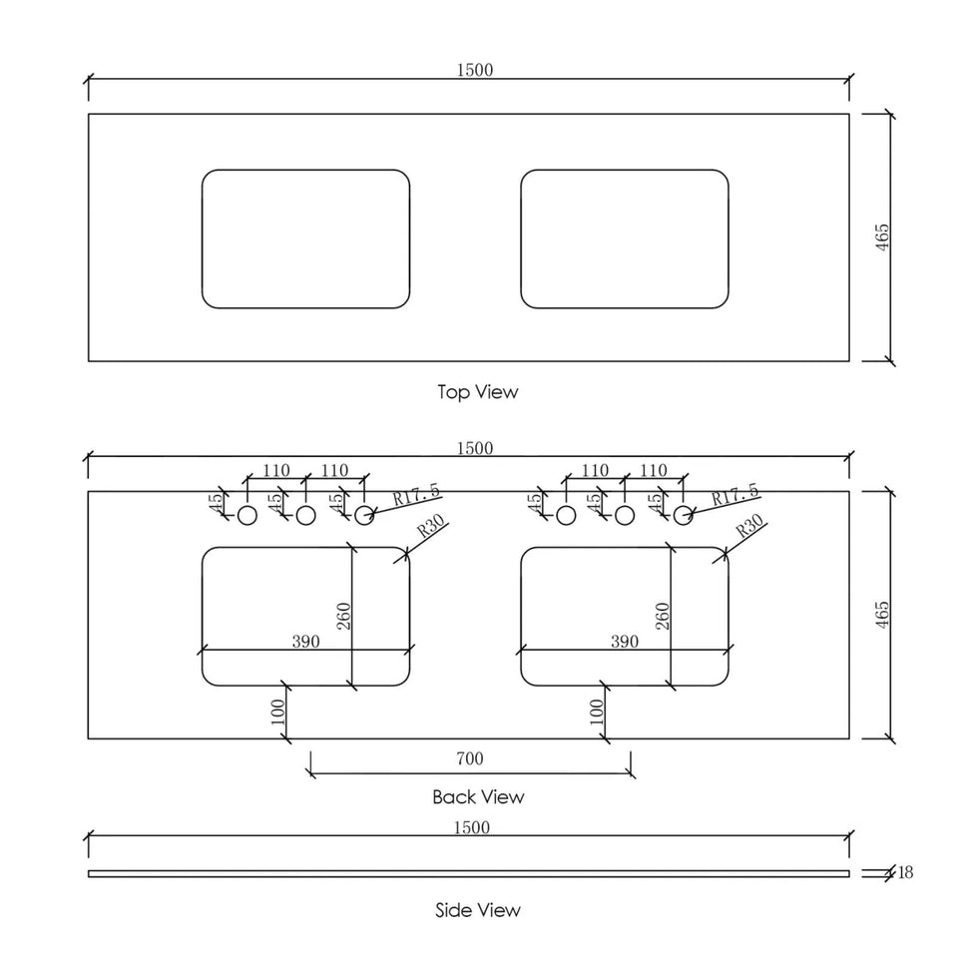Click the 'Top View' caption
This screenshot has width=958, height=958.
tap(478, 391)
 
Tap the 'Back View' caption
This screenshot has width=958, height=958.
tap(478, 796)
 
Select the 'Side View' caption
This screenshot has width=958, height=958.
tap(478, 910)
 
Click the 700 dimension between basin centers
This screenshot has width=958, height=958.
tap(470, 758)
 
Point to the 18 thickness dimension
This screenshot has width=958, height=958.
tap(905, 872)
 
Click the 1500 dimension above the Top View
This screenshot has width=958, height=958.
tap(475, 70)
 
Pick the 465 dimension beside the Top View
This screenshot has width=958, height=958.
tap(882, 238)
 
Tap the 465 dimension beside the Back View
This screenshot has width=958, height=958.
tap(882, 615)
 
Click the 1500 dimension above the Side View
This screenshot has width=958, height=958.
tap(472, 827)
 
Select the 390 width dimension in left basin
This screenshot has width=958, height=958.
tap(305, 641)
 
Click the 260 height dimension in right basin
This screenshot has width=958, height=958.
tap(663, 616)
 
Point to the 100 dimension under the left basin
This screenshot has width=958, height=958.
tap(278, 712)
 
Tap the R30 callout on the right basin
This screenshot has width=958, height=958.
tap(749, 526)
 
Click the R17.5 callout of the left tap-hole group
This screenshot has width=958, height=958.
tap(416, 494)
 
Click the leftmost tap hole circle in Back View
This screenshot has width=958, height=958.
tap(246, 516)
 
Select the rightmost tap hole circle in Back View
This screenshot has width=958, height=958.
tap(683, 516)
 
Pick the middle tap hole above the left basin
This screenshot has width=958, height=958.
tap(305, 516)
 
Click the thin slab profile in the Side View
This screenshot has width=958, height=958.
tap(469, 874)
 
